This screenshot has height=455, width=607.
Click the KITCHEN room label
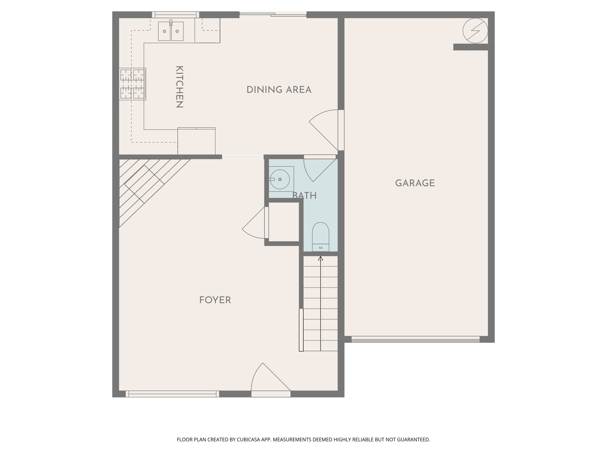click(180, 87)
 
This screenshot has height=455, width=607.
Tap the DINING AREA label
click(279, 90)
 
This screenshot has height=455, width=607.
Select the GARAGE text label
click(415, 183)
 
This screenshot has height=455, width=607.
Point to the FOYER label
click(215, 300)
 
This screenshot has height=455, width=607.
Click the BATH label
click(304, 196)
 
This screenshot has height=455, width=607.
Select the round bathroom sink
click(280, 179)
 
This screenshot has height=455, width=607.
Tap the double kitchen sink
click(171, 31)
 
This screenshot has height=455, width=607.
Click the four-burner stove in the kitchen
click(132, 84)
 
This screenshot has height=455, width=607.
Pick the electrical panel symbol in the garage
click(475, 31)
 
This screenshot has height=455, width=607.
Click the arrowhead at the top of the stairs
click(320, 258)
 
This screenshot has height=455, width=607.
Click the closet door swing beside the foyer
click(255, 224)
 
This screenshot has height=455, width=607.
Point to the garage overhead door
click(415, 339)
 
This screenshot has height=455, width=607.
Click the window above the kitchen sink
click(175, 15)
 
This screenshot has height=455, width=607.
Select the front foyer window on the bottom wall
click(172, 394)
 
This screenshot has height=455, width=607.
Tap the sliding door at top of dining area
click(273, 15)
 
